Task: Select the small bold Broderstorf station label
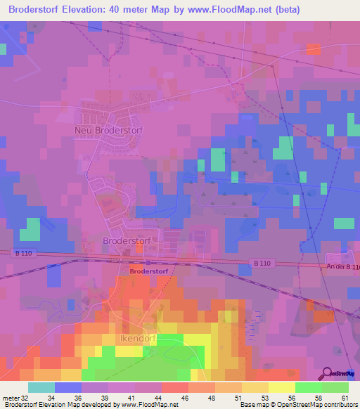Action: click(148, 271)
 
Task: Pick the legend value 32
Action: click(27, 397)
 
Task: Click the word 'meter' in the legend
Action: click(11, 397)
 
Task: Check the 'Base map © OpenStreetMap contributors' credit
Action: click(298, 405)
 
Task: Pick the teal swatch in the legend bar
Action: click(41, 387)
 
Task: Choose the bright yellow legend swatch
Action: click(282, 387)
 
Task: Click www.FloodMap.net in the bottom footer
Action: click(145, 405)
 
